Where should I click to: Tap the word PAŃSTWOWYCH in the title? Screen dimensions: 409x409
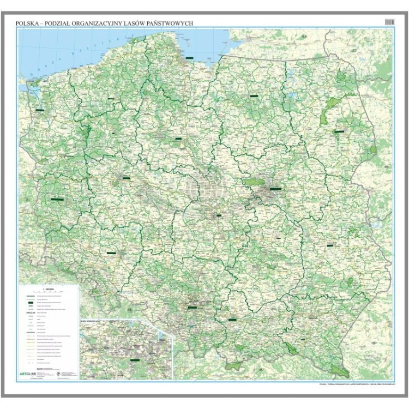point(170,22)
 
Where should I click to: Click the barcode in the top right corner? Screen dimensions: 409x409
point(389,21)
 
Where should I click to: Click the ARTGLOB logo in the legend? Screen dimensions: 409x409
point(33,374)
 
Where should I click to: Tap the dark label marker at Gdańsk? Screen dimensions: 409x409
point(189,56)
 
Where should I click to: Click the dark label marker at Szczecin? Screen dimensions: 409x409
point(40,110)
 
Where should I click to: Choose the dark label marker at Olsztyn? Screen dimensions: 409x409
point(254,95)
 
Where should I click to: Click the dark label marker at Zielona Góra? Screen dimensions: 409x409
point(57,199)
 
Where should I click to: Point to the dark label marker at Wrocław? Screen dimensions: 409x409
point(112,253)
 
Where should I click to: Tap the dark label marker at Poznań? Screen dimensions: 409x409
point(126,178)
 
